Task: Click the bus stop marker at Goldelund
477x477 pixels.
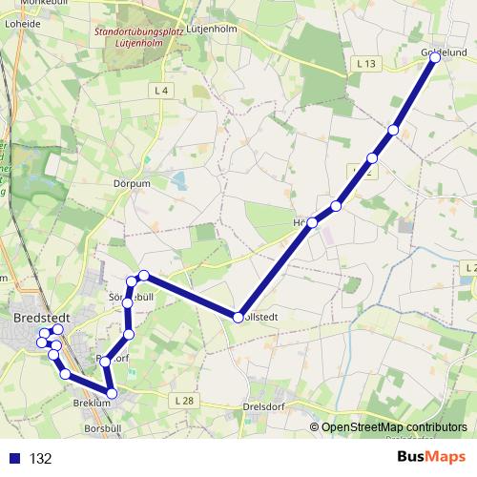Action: pos(435,57)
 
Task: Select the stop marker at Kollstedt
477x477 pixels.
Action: pos(238,317)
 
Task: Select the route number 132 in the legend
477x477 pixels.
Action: pos(40,459)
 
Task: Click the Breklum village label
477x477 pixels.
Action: pos(93,404)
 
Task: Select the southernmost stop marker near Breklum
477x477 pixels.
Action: pos(112,393)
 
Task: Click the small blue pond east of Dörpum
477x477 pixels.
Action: pos(180,178)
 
